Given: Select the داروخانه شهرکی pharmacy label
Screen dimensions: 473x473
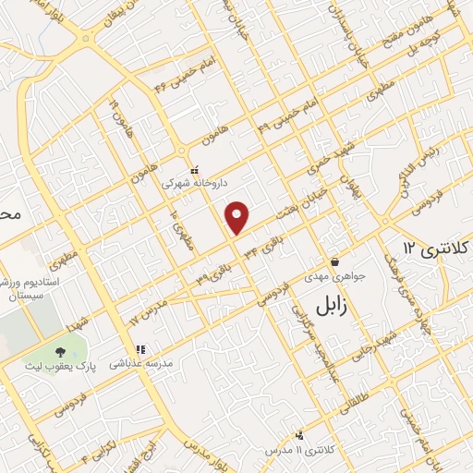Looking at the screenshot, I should click(x=193, y=184).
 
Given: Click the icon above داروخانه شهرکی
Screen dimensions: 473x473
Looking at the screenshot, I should click(x=193, y=171).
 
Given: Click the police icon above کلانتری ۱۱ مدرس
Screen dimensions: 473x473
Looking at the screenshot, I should click(x=299, y=434).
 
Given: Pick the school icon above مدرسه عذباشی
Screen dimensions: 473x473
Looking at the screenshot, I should click(x=140, y=350).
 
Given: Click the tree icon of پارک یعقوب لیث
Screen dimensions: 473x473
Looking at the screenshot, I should click(x=61, y=352).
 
